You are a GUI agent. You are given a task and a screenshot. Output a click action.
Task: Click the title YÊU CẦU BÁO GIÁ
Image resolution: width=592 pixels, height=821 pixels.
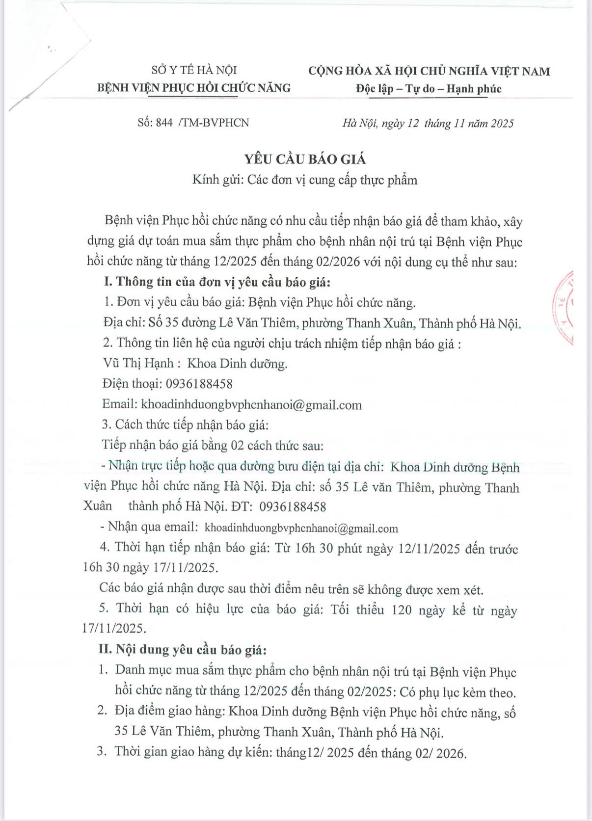click(305, 159)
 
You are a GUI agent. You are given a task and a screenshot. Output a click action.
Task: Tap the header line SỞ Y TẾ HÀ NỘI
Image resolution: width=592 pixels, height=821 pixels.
click(194, 70)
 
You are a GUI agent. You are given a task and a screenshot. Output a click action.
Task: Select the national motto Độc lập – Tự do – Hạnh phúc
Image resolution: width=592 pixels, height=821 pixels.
click(429, 89)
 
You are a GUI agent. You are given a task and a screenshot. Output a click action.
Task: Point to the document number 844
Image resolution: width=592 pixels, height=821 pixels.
click(164, 123)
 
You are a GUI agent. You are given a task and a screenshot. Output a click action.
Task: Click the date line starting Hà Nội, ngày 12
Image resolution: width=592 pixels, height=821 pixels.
click(428, 123)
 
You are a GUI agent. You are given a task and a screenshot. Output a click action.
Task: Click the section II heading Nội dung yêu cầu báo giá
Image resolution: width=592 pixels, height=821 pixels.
click(191, 650)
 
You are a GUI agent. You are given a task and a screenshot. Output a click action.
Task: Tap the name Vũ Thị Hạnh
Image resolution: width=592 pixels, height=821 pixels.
click(138, 363)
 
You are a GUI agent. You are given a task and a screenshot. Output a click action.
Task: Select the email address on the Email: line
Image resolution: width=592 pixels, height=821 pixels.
click(251, 405)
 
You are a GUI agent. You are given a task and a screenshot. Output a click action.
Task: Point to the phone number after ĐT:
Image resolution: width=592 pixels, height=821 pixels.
click(293, 507)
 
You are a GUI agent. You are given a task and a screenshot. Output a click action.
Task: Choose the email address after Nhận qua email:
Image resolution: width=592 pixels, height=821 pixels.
click(301, 529)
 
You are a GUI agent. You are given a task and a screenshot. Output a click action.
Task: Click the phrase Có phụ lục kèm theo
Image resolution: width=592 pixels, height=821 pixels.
click(457, 692)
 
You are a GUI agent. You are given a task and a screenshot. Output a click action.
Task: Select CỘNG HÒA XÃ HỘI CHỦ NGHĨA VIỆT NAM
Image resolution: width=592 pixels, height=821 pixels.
click(429, 71)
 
